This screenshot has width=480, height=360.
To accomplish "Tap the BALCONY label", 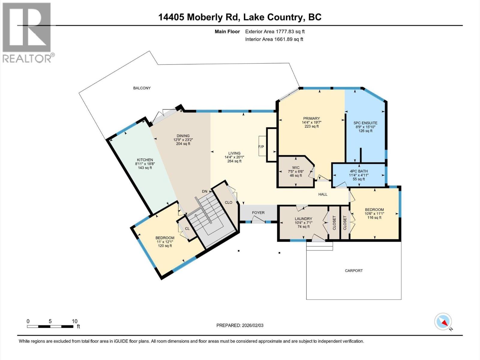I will coord(142,88).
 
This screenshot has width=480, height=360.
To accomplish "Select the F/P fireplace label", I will coord(261,147).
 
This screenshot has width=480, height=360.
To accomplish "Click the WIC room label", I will coord(296,167).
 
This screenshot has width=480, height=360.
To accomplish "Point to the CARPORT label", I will coord(354,271).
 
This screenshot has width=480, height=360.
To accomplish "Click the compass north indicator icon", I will coord(443,322).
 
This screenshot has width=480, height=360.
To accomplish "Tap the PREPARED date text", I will coord(240,325).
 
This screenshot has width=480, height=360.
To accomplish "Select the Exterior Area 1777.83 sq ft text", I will coord(275,31).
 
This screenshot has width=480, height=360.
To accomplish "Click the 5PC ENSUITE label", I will coord(365,123).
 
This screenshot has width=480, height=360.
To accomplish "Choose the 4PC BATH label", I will coord(358,171).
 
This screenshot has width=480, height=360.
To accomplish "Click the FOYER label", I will coord(258,213).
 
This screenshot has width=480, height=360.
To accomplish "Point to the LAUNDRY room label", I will coord(303,219).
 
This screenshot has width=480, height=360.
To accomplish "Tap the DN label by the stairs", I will coord(204,191).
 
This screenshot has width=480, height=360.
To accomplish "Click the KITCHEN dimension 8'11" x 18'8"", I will coord(145,164).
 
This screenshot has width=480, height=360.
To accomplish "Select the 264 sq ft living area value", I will coord(234,161).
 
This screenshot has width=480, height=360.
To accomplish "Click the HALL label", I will coord(323,194).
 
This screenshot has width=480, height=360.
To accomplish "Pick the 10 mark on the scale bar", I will coord(74,321).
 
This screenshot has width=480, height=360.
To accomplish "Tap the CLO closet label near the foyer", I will coord(229,202).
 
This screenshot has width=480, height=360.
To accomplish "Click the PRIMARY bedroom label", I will coord(311,118).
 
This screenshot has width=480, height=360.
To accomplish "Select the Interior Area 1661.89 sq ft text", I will coord(274,39).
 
